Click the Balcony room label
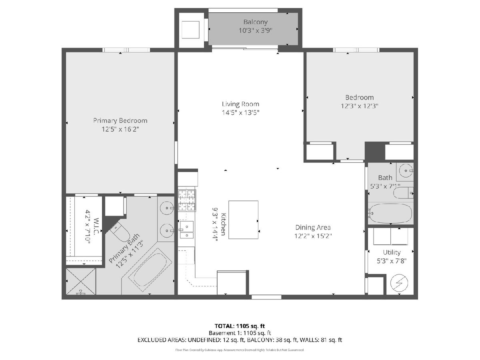pos(256,22)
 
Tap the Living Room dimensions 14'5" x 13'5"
pos(240,112)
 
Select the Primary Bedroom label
pos(120,121)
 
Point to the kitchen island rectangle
pos(243,220)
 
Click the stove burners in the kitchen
pos(187,200)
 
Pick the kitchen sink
pos(186,230)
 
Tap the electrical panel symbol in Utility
pos(399,283)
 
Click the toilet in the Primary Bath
pos(120,232)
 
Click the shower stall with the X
pos(81,281)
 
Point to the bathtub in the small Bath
pos(390,213)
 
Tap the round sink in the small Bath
pos(406,170)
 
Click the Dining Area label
pos(313,228)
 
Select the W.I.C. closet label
pos(96,226)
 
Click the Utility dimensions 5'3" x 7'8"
pos(392,261)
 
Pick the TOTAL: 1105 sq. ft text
pos(240,326)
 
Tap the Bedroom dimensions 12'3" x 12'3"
pos(360,106)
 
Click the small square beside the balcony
pos(190,30)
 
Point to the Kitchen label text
pos(223,224)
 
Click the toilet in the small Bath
pos(403,193)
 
